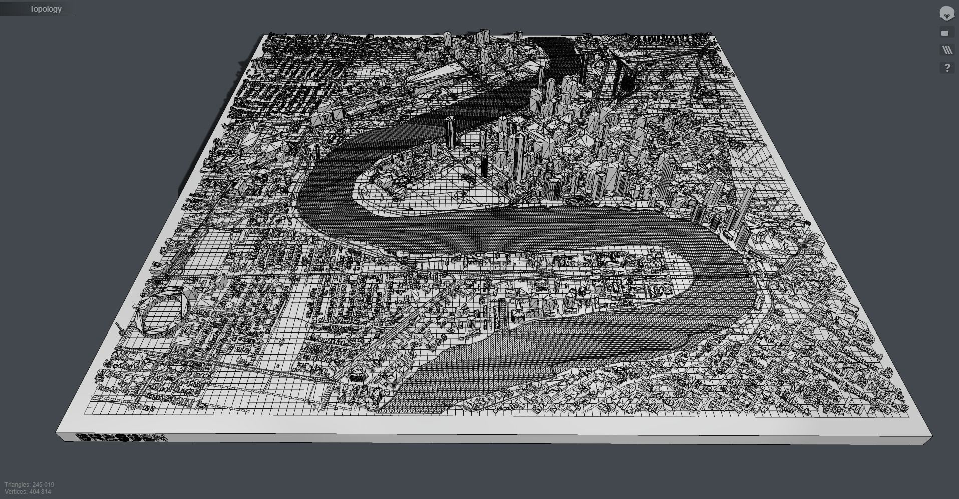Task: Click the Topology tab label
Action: [45, 9]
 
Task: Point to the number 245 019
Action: [43, 485]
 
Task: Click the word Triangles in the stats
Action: [17, 485]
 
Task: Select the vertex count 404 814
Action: [40, 492]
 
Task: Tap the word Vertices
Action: [16, 492]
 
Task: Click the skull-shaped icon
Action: [946, 14]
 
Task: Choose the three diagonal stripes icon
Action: [946, 50]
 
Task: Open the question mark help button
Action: [946, 68]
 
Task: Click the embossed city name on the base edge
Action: [123, 438]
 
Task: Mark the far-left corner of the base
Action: [264, 35]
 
